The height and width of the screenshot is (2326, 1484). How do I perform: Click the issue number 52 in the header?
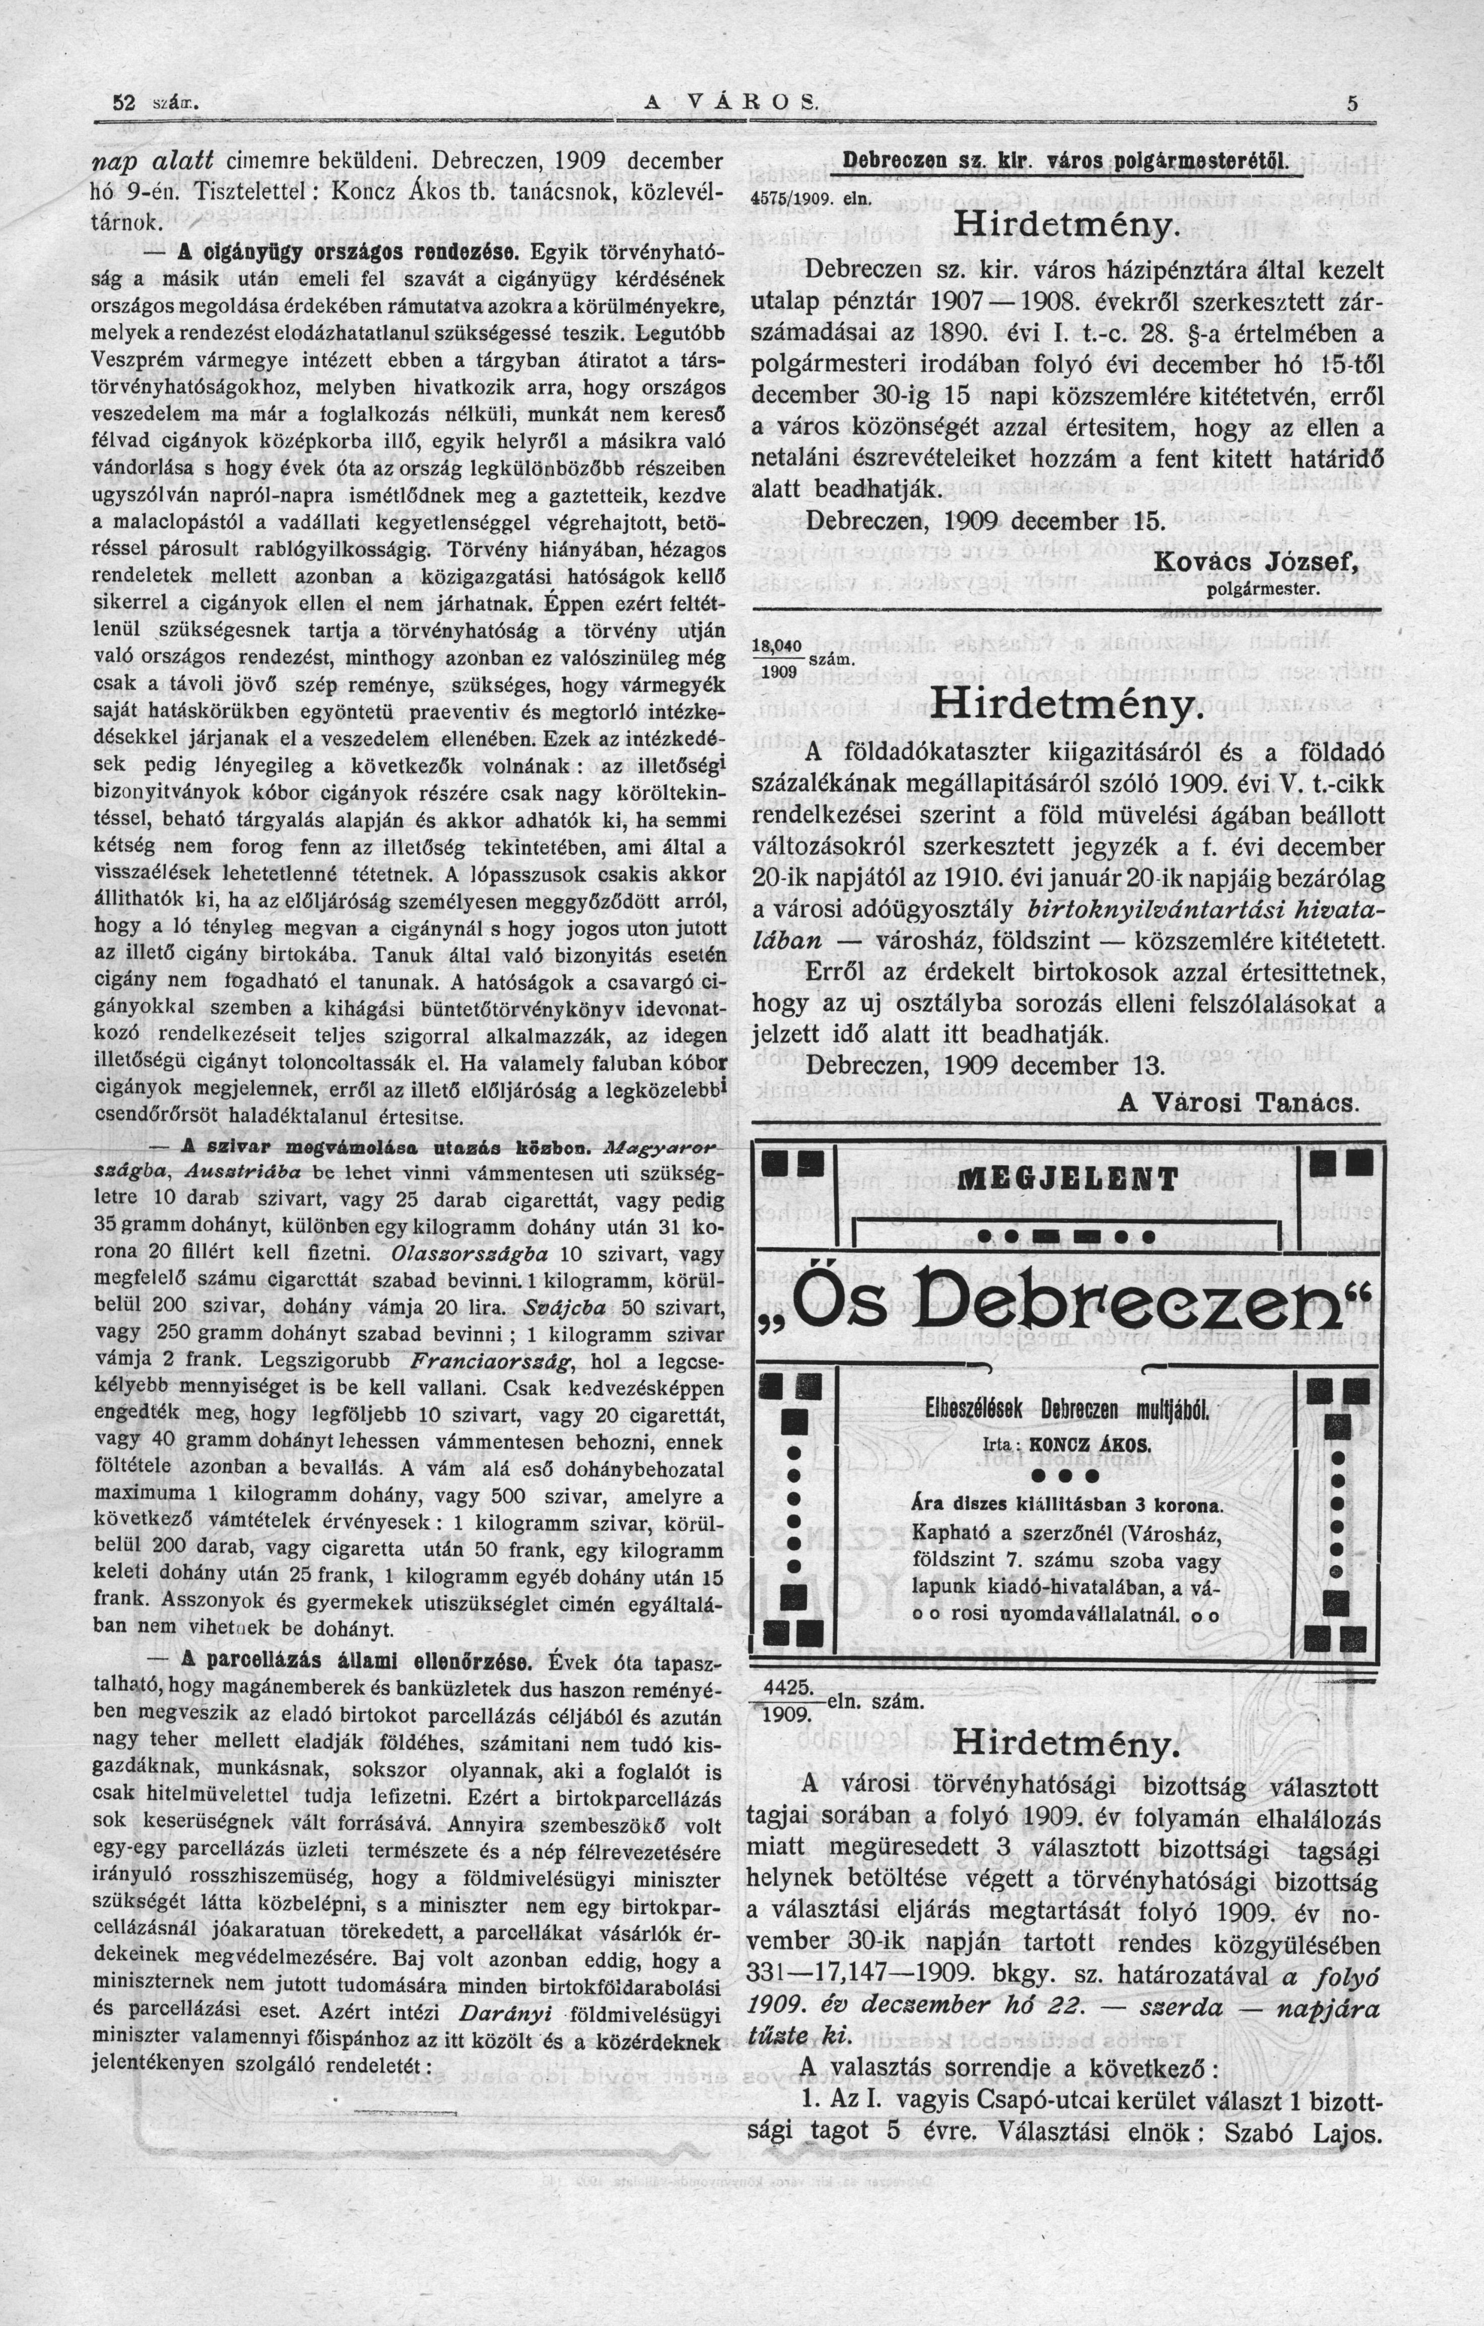tap(123, 104)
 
